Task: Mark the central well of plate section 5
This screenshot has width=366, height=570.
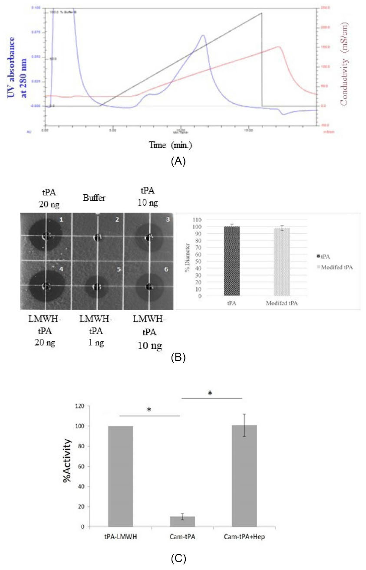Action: [x=97, y=287]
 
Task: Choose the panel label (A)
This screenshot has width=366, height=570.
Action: [x=178, y=161]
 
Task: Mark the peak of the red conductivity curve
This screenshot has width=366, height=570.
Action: [x=278, y=47]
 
